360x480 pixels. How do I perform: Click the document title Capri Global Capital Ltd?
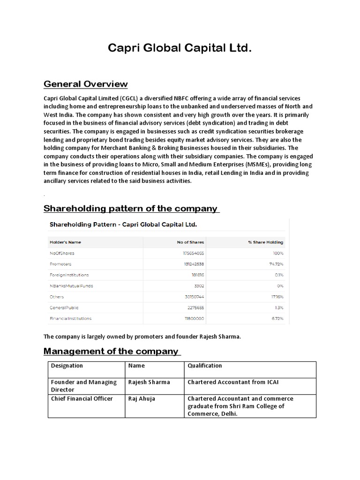pos(180,48)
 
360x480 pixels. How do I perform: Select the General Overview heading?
pos(85,84)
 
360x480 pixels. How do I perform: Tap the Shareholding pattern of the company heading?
pos(131,208)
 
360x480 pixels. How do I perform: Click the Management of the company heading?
pos(112,351)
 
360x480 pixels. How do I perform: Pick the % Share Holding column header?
pos(265,242)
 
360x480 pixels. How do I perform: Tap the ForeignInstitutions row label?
pos(69,275)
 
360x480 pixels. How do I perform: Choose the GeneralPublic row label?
pos(64,307)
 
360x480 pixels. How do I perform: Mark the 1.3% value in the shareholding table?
pos(279,307)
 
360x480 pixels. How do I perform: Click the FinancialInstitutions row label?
pos(70,318)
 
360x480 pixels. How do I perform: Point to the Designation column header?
pos(67,366)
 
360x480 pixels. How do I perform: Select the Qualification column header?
pos(205,366)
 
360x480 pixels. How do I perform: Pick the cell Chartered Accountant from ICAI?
pos(233,382)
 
